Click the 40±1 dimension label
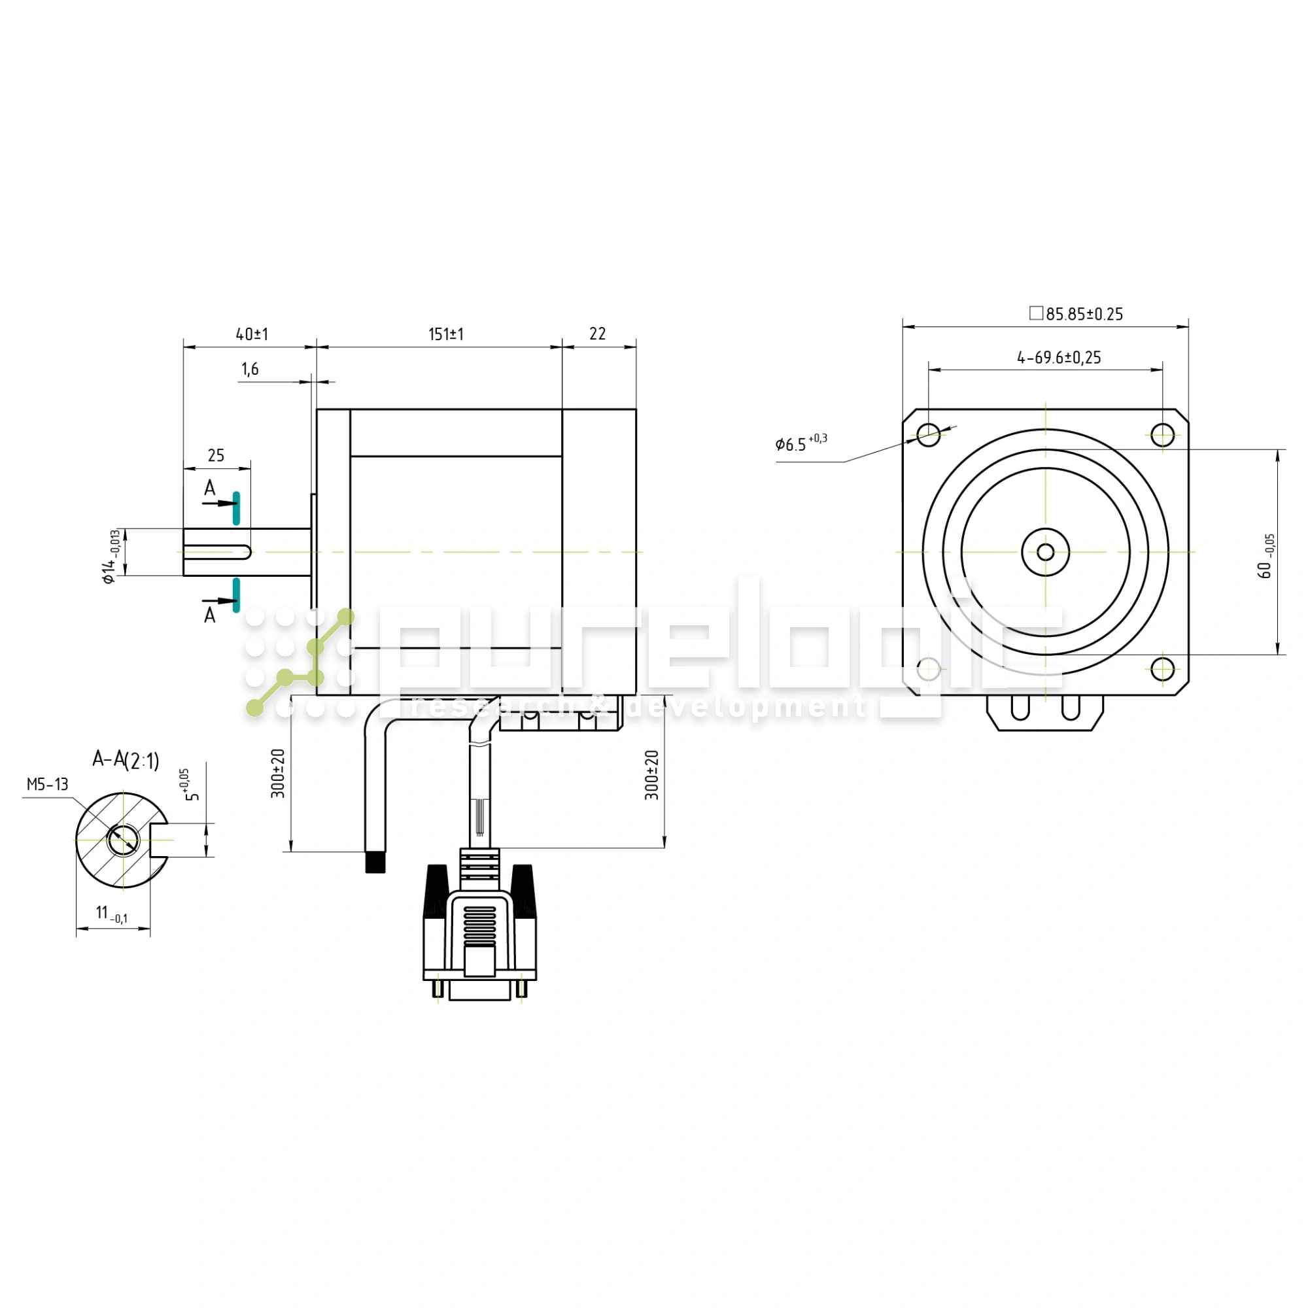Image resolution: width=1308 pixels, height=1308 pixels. click(x=252, y=334)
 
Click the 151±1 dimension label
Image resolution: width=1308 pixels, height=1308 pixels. click(x=445, y=334)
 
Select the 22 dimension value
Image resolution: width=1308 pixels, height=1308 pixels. click(x=597, y=334)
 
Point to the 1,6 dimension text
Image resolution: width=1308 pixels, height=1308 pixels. click(x=250, y=369)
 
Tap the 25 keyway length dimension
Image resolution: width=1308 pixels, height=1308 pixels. click(x=216, y=456)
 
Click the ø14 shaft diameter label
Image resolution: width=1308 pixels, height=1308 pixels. click(x=111, y=557)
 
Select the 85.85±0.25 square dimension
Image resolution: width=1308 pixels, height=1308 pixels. click(x=1076, y=314)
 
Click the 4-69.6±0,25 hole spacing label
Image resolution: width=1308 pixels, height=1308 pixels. click(x=1059, y=358)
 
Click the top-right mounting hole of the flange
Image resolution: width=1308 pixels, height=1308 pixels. click(x=1162, y=435)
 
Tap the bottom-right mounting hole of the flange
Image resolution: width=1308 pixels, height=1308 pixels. click(x=1162, y=670)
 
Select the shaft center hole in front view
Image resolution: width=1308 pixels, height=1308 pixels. click(x=1045, y=553)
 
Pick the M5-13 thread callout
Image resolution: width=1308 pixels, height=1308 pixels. click(x=47, y=785)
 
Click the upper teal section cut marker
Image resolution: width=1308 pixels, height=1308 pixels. click(x=236, y=508)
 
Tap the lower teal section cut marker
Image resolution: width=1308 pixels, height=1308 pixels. click(x=236, y=595)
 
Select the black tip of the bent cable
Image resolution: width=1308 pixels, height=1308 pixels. click(x=375, y=863)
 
